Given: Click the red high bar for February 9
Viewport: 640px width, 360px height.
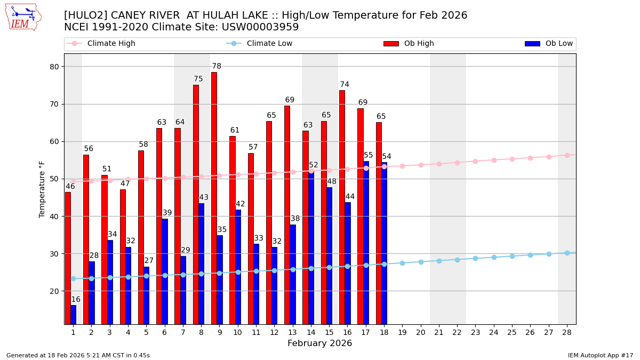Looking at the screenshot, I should click(214, 197).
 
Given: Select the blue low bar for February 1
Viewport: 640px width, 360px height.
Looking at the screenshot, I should click(74, 315).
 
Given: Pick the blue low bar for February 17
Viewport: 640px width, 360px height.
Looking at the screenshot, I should click(366, 243).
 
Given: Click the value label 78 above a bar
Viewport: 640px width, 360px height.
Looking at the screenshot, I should click(217, 67).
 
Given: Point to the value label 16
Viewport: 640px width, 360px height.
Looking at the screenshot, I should click(76, 300).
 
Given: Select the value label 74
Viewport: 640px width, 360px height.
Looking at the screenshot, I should click(345, 85).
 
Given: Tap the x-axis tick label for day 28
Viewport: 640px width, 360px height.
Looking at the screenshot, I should click(567, 332).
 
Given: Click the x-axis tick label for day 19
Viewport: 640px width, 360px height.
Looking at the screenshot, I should click(402, 332).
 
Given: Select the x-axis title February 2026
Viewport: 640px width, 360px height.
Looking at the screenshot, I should click(319, 343).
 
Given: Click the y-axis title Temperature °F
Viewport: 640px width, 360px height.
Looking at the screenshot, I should click(43, 189).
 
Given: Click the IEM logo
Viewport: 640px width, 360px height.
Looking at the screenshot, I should click(23, 17).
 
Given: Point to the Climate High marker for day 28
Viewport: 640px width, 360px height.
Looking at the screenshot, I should click(567, 155).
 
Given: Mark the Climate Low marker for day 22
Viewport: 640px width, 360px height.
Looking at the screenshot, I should click(457, 260).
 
